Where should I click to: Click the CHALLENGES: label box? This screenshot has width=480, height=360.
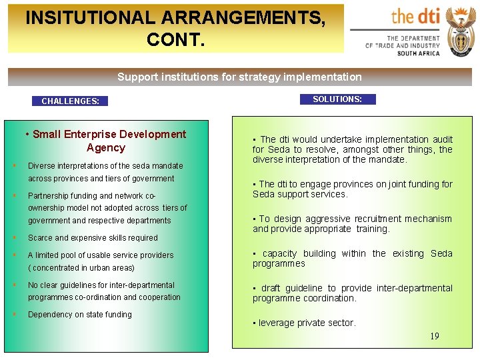tap(70, 101)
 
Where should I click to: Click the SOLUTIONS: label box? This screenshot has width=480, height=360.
tap(337, 99)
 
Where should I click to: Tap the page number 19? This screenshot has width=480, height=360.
tap(434, 336)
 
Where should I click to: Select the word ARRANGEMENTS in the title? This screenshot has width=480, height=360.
tap(253, 18)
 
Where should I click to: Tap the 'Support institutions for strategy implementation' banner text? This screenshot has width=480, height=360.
tap(239, 77)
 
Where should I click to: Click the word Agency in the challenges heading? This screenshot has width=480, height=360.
tap(106, 147)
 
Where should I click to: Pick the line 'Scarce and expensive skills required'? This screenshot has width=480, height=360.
tap(93, 237)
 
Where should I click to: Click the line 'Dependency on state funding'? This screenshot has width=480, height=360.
tap(80, 314)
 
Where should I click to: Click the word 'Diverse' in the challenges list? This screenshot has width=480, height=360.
tap(42, 165)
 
